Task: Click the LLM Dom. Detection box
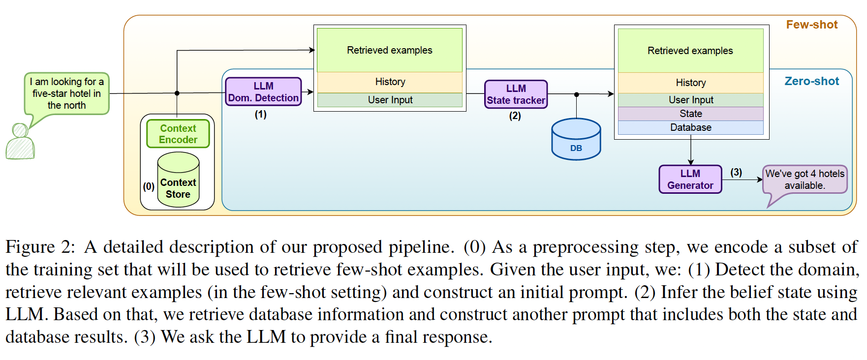[263, 91]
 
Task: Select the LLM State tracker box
[516, 94]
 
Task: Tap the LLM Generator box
[690, 179]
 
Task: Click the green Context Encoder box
[178, 134]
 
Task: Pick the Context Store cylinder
[178, 180]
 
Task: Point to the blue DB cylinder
[576, 139]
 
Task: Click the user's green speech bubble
[66, 96]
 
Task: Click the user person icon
[20, 141]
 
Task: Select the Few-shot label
[812, 25]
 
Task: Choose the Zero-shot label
[812, 81]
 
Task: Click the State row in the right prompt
[691, 114]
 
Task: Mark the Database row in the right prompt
[691, 127]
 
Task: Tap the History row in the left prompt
[390, 82]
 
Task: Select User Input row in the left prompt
[390, 100]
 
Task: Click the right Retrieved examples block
[691, 51]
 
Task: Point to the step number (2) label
[515, 116]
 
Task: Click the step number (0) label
[149, 186]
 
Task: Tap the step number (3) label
[736, 172]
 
